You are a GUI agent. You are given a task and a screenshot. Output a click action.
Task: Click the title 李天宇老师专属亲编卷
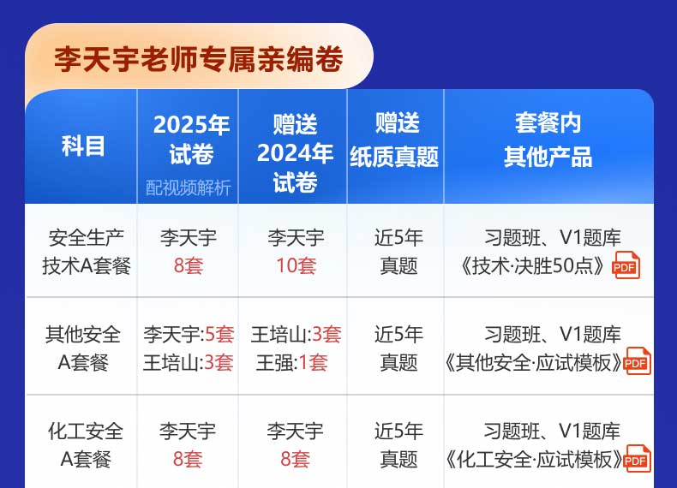tap(198, 59)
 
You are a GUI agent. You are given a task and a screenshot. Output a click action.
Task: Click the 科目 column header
tap(83, 146)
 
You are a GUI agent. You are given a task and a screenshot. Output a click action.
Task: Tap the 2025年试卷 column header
tap(191, 140)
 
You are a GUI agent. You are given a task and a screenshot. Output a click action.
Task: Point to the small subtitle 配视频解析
tap(188, 187)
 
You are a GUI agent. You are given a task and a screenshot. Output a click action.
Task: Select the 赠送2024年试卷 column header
tap(295, 153)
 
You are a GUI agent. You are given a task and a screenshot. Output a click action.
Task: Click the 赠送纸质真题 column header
tap(394, 140)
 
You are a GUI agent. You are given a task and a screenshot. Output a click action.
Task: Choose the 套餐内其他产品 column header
tap(548, 140)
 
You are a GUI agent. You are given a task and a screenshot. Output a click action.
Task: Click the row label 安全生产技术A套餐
tap(87, 252)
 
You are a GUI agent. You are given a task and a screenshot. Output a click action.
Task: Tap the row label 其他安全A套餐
tap(83, 348)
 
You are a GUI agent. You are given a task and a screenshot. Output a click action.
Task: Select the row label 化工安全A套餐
tap(86, 445)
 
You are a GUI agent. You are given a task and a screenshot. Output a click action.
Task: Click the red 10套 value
tap(297, 265)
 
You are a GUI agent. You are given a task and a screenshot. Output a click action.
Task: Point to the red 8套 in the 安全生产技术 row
tap(189, 265)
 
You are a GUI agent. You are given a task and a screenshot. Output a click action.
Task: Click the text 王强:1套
tap(292, 362)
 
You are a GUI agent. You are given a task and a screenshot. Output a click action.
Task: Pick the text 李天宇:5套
tap(189, 335)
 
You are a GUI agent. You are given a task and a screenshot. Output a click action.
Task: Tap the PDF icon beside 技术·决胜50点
tap(626, 265)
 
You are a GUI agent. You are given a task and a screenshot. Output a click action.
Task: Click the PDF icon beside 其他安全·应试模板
tap(637, 361)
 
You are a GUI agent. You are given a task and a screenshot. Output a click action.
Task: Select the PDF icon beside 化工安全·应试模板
tap(637, 458)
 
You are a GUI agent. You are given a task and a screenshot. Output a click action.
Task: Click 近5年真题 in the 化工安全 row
tap(398, 445)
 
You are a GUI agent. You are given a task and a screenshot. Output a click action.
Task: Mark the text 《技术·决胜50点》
tap(532, 265)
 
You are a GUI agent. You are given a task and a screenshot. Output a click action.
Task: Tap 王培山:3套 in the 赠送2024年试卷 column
tap(297, 335)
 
